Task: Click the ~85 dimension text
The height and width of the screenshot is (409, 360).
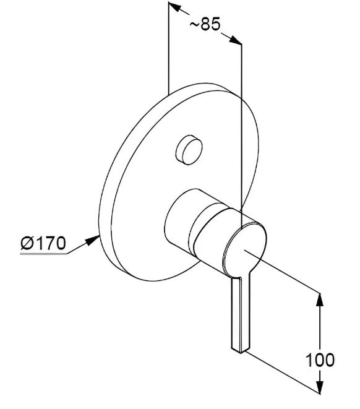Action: pyautogui.click(x=205, y=24)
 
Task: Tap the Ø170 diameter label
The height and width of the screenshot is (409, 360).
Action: pyautogui.click(x=43, y=243)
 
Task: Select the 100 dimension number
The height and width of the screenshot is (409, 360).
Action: pyautogui.click(x=320, y=360)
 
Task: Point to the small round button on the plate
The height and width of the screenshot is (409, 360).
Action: pyautogui.click(x=189, y=150)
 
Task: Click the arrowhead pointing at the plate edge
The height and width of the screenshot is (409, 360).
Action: pyautogui.click(x=93, y=239)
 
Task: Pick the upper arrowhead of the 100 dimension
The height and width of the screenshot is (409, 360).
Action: pyautogui.click(x=320, y=301)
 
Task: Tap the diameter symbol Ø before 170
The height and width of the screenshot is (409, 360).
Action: pyautogui.click(x=27, y=243)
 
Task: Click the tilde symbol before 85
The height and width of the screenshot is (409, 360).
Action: pyautogui.click(x=194, y=25)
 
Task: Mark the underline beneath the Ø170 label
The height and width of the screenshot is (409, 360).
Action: pyautogui.click(x=43, y=253)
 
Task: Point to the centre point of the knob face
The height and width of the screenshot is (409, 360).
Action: pyautogui.click(x=244, y=250)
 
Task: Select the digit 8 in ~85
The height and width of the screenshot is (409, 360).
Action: pyautogui.click(x=205, y=24)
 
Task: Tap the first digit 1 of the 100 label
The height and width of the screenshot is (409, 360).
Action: pyautogui.click(x=309, y=360)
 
